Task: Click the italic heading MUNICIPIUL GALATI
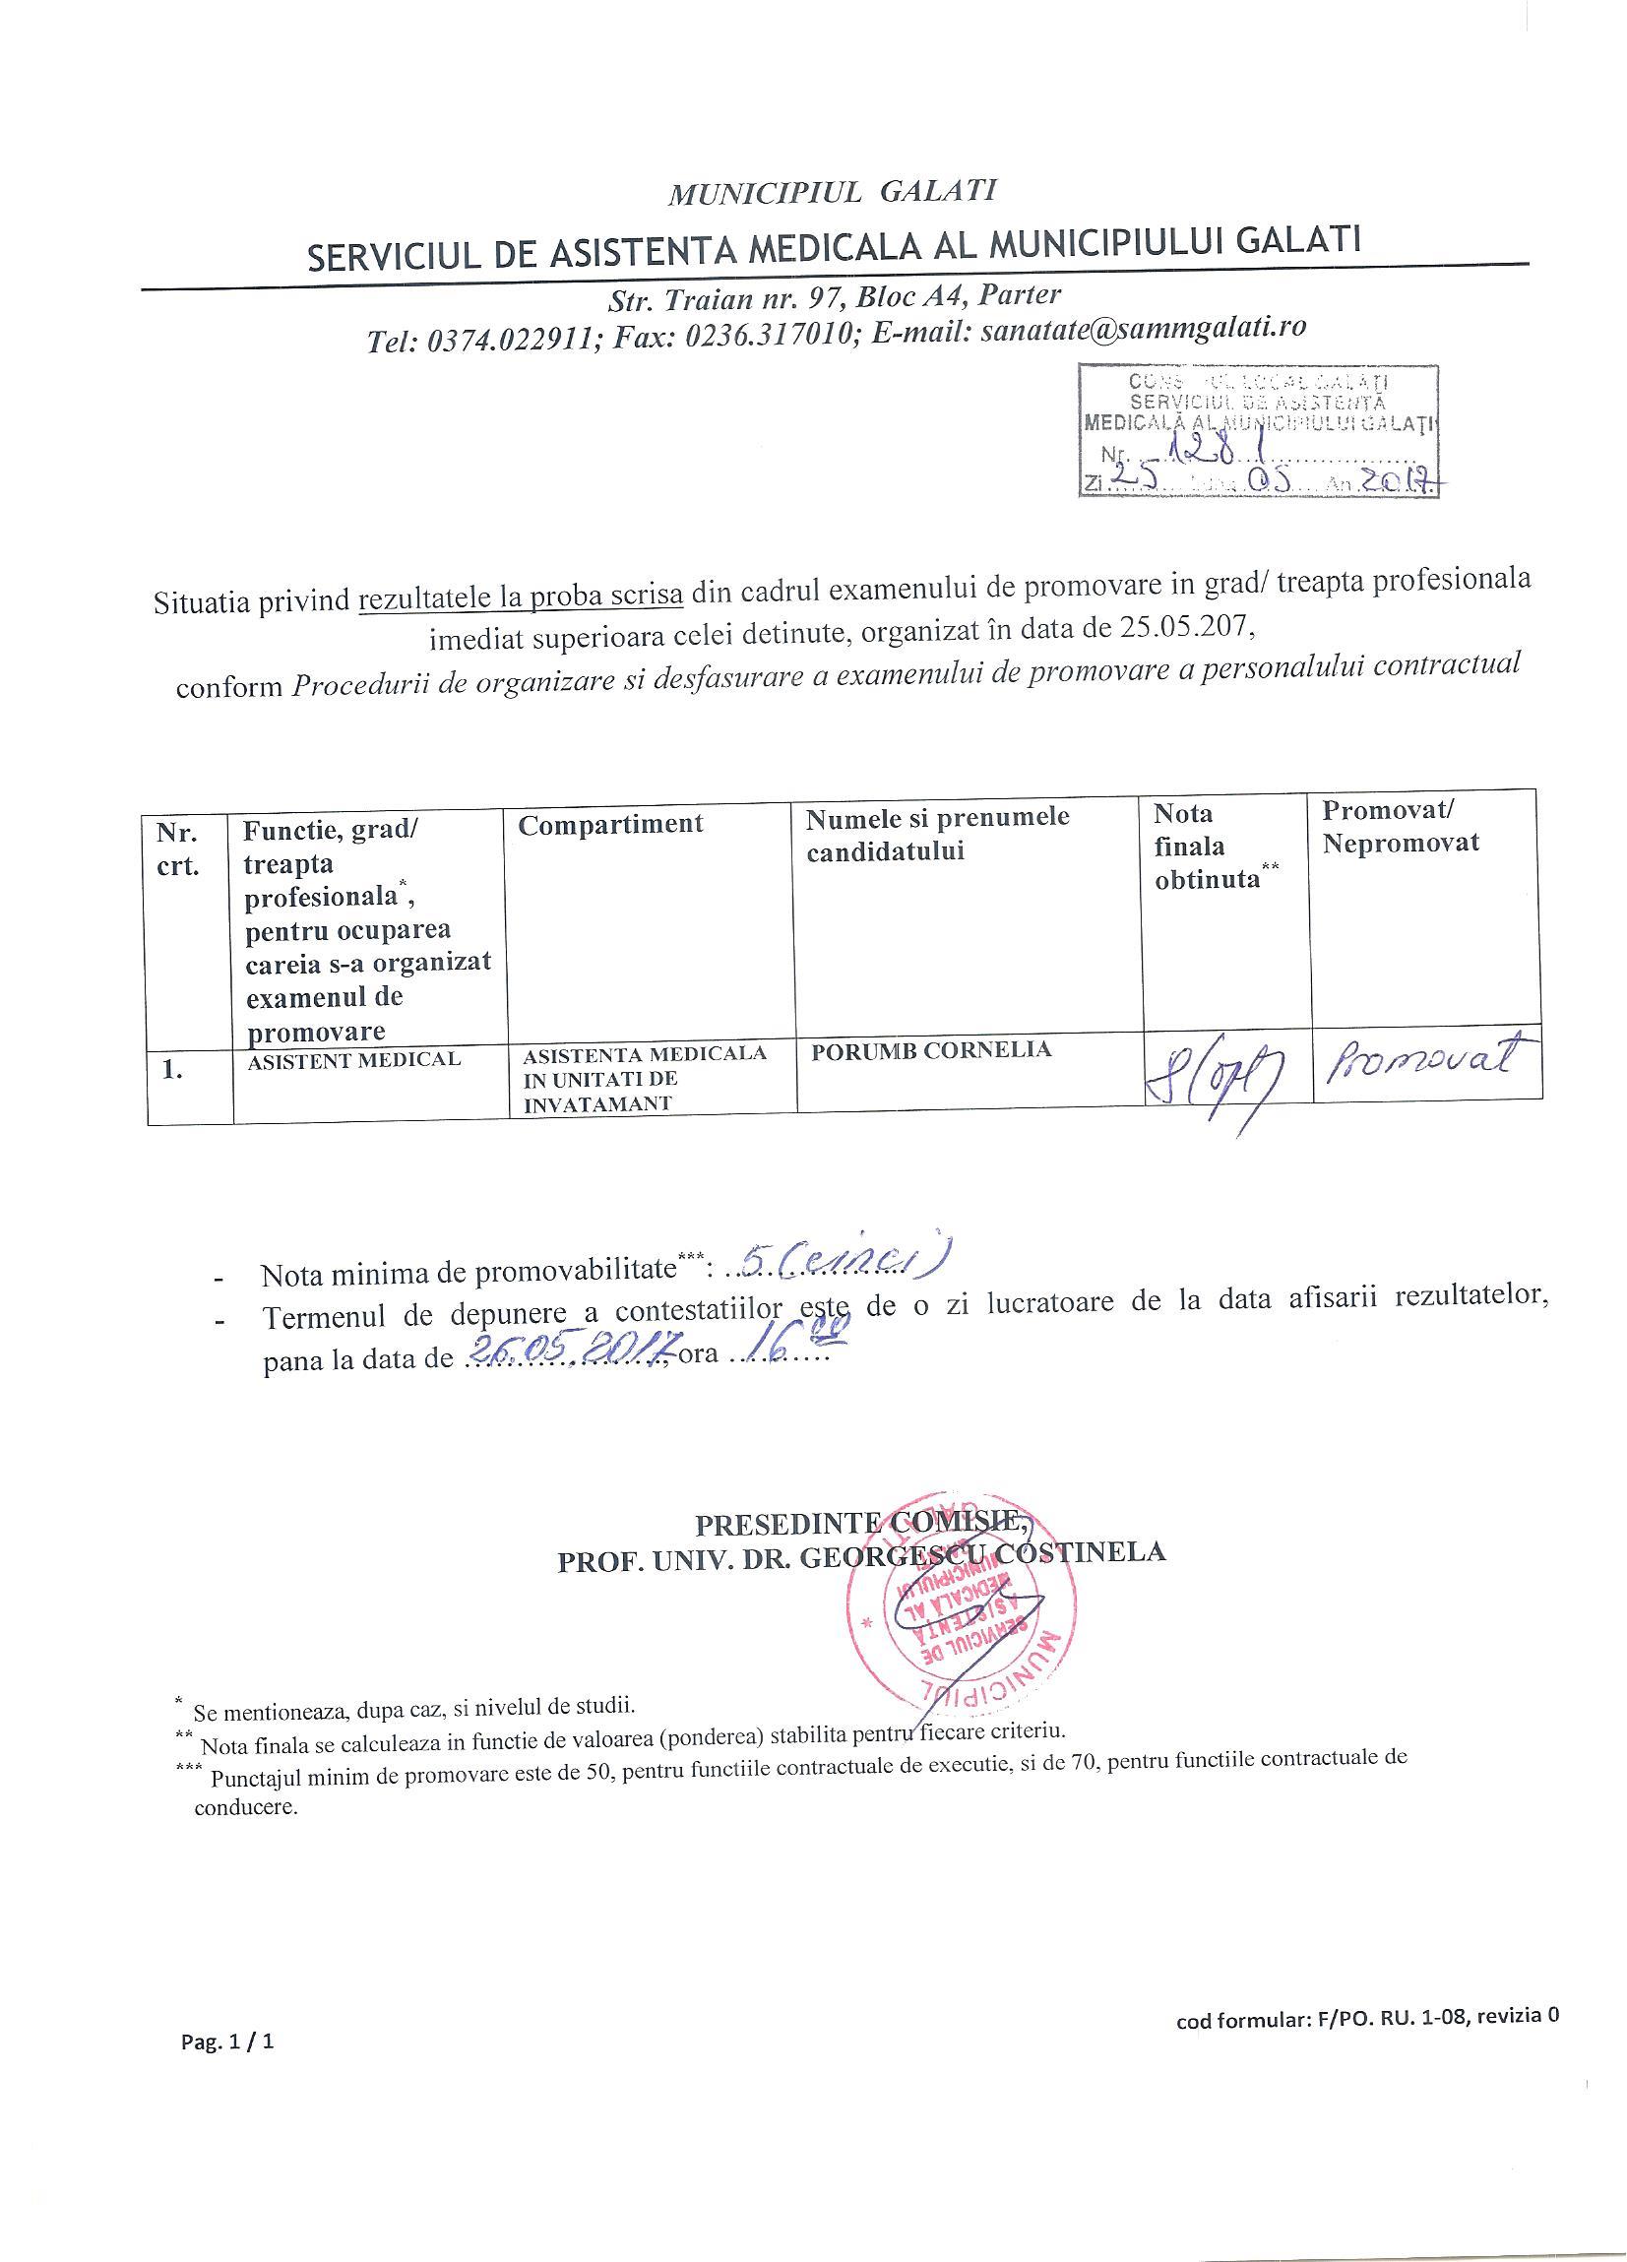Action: click(x=832, y=191)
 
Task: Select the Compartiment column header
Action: click(x=610, y=824)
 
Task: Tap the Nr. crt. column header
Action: click(x=177, y=848)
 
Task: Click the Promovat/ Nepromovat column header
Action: click(x=1401, y=826)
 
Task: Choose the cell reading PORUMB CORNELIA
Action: click(x=931, y=1050)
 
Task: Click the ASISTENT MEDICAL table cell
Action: click(x=354, y=1059)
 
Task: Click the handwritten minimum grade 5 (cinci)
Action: click(x=840, y=1265)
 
